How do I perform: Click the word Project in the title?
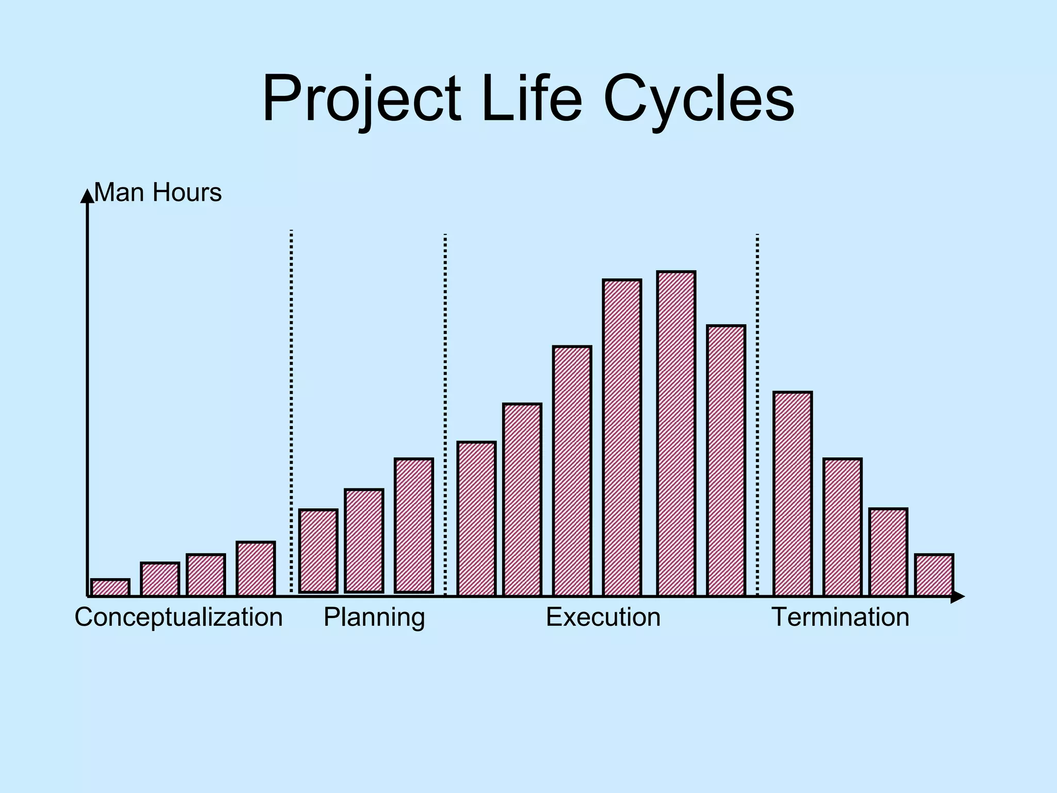point(361,98)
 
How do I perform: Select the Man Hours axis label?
point(158,193)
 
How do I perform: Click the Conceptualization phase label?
point(179,617)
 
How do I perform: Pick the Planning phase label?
point(374,617)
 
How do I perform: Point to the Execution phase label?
point(603,617)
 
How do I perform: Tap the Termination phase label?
point(840,617)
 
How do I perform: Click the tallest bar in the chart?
point(676,434)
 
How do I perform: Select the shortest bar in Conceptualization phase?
point(110,588)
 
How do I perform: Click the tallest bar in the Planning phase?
point(413,525)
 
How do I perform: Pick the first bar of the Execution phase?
point(476,518)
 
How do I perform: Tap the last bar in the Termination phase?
point(934,575)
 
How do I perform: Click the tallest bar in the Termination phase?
point(792,494)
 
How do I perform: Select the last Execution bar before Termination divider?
point(726,460)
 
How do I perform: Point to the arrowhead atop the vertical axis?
point(87,195)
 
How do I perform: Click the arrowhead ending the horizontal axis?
point(958,597)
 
